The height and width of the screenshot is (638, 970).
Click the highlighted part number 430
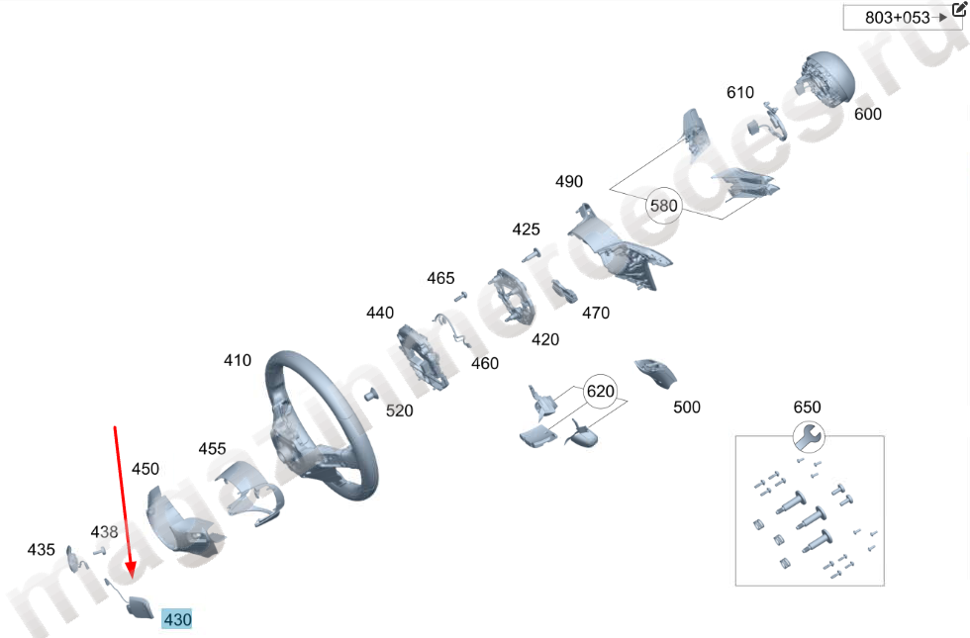177,620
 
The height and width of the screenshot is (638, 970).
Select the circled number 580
663,206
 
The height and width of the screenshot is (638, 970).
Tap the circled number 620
600,392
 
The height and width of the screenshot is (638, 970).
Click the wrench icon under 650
808,436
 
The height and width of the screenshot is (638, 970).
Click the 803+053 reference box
898,17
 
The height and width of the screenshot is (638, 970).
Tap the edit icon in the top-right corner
957,10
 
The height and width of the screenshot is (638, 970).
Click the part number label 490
569,182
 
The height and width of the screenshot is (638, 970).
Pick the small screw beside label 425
533,254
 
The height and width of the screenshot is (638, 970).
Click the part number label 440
380,313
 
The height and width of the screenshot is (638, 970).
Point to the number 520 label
399,410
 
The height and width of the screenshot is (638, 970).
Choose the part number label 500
686,407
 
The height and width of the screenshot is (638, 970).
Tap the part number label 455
212,448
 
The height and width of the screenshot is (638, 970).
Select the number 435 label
41,549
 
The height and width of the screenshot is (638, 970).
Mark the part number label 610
740,92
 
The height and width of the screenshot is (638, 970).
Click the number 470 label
595,313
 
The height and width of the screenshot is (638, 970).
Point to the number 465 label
440,278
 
